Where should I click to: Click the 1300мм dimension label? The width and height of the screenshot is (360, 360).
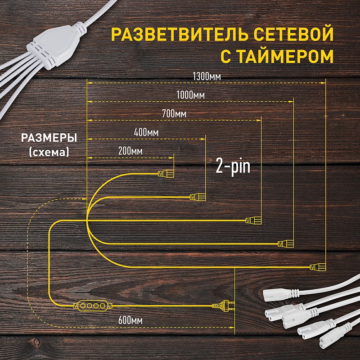(x=207, y=76)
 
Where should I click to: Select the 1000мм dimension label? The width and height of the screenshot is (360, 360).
(x=190, y=95)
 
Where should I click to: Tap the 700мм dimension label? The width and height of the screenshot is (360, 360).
(x=174, y=114)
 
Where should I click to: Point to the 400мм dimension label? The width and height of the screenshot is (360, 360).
(x=146, y=132)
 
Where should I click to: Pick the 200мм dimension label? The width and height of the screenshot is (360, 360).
(x=130, y=151)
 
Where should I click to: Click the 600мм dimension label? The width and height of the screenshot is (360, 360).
(x=130, y=320)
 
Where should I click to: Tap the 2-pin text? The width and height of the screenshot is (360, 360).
(x=233, y=167)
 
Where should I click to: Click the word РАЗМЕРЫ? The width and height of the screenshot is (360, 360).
(x=49, y=138)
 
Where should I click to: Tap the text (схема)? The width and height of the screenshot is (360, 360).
(x=49, y=152)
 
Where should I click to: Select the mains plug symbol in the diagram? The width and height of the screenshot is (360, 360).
(x=223, y=306)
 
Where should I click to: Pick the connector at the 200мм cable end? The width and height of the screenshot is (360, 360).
(x=166, y=173)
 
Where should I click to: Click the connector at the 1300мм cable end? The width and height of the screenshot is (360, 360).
(x=318, y=267)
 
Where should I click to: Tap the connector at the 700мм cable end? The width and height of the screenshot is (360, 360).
(x=253, y=220)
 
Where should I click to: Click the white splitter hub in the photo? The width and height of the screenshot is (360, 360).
(x=57, y=45)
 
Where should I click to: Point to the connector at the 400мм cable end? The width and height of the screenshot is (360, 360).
(x=198, y=197)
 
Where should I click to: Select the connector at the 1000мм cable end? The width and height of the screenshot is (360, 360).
(x=286, y=243)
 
